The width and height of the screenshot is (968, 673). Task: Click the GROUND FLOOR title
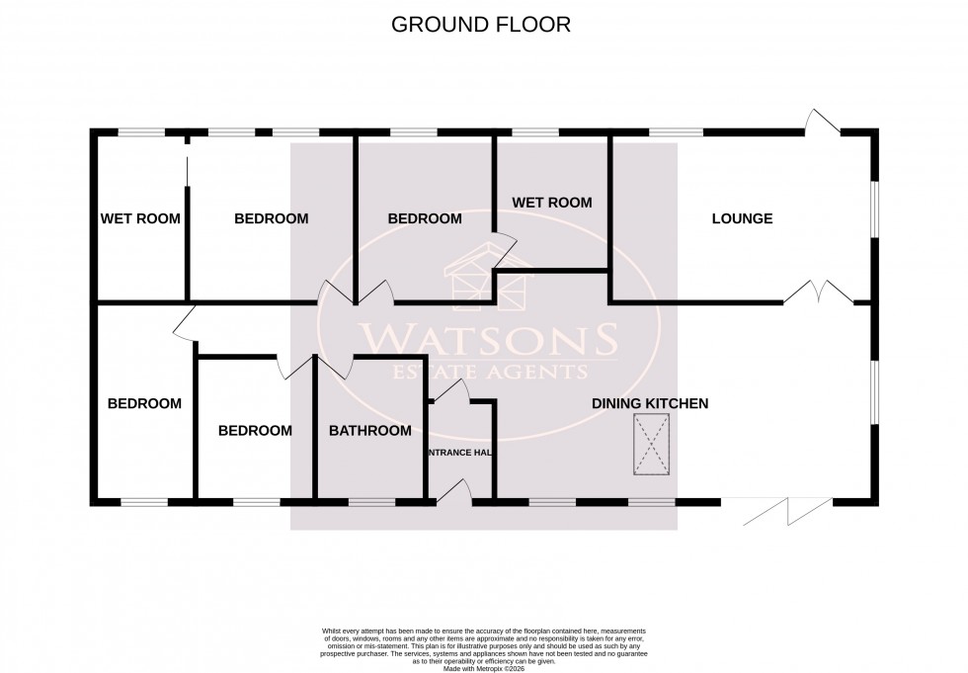481,25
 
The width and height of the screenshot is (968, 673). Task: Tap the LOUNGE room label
742,218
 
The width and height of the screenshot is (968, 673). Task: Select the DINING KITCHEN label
650,403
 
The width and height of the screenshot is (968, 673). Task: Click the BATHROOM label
369,430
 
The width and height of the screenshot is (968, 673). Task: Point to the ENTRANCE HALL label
459,453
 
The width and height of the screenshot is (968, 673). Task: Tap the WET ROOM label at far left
140,218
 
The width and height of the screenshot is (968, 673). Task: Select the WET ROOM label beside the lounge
551,203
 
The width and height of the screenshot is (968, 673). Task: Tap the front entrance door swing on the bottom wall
455,491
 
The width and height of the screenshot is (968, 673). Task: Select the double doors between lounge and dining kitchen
819,291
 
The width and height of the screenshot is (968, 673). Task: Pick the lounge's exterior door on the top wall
822,123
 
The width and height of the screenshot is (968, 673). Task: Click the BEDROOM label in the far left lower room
144,403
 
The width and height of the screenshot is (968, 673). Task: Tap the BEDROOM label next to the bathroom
255,430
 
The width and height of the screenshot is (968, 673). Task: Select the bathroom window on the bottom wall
371,502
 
